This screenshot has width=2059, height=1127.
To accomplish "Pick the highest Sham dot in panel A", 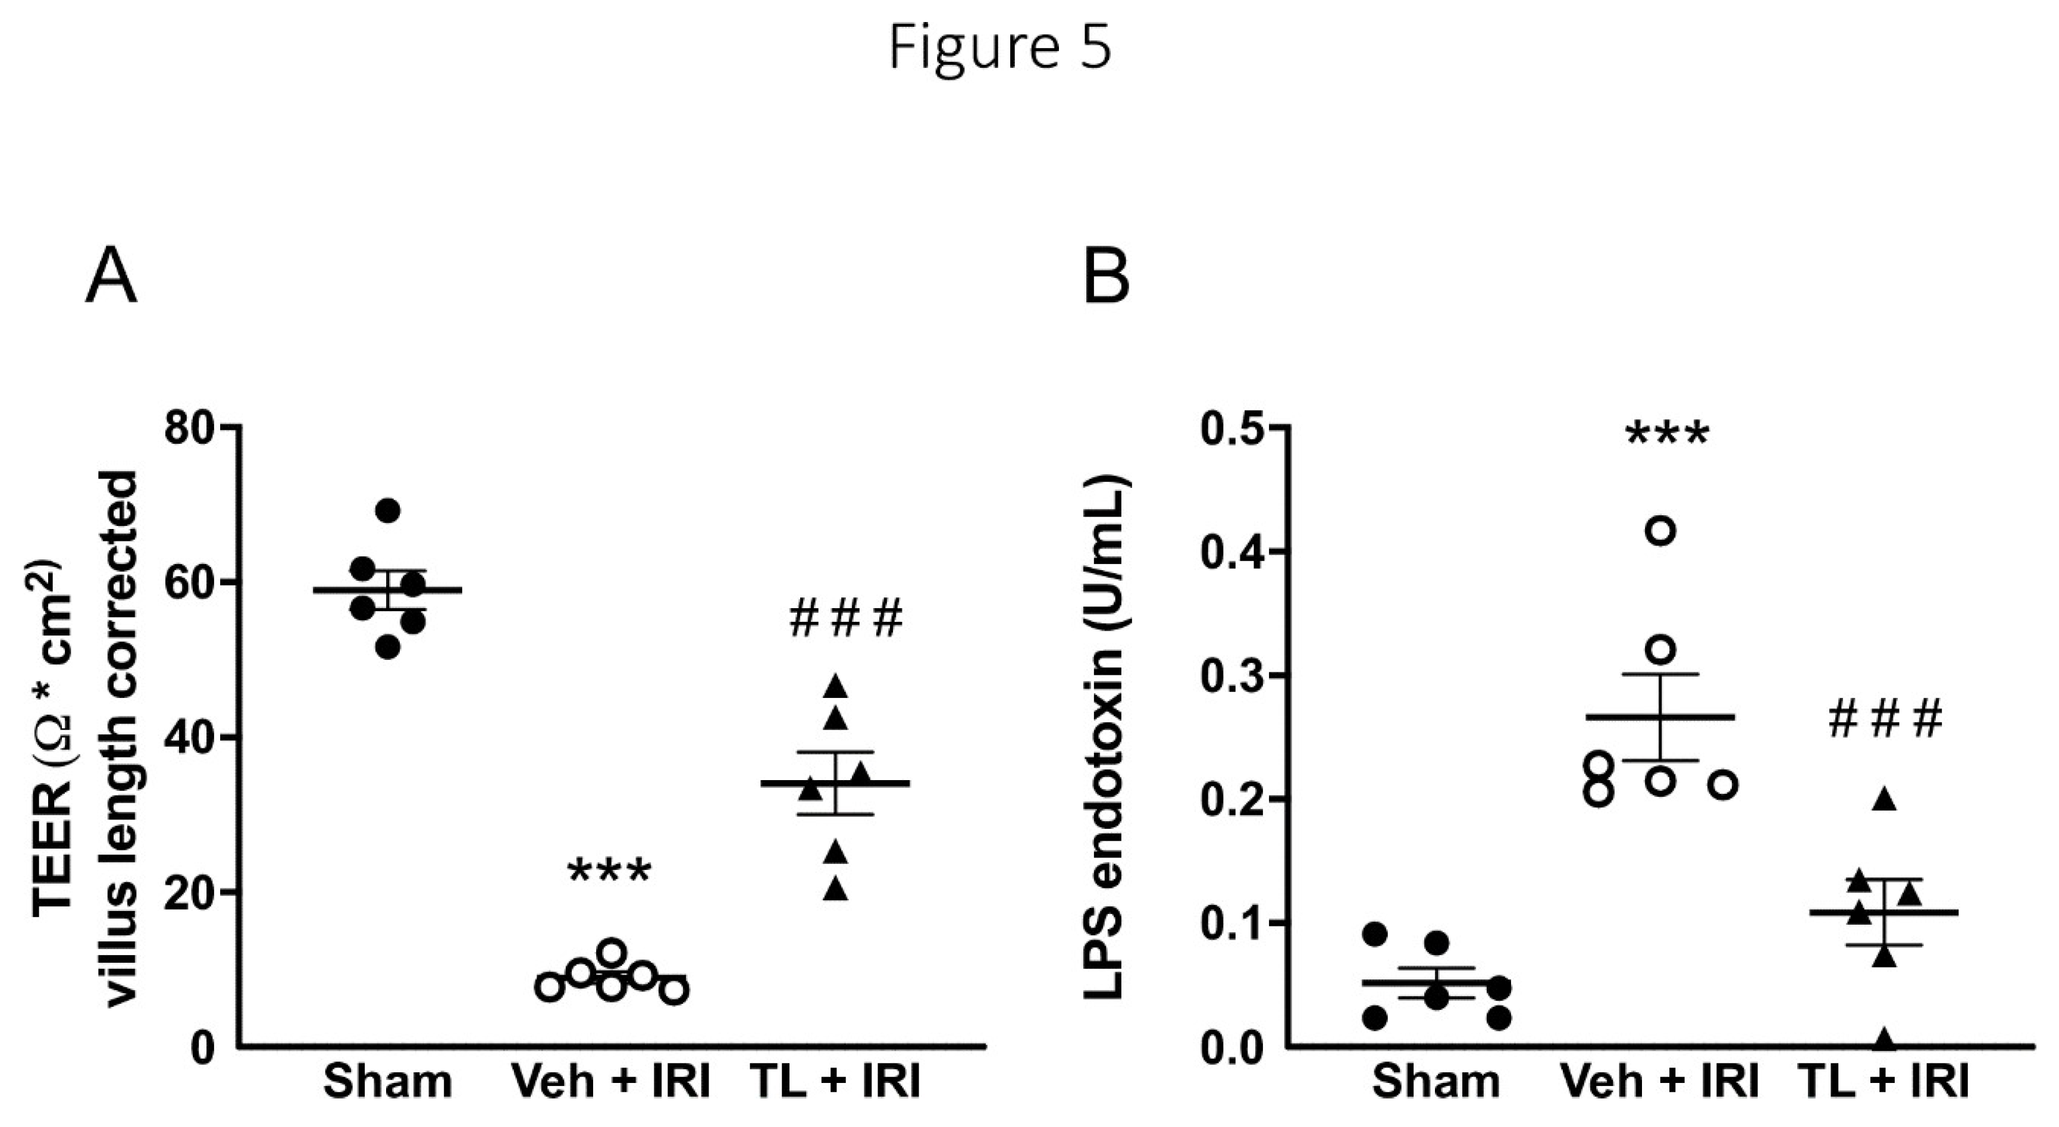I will [x=388, y=511].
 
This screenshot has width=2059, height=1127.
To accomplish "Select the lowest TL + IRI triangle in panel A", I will [x=836, y=889].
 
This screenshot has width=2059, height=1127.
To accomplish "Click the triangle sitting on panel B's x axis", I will [x=1885, y=1038].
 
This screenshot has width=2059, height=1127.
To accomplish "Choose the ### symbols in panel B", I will [x=1885, y=719].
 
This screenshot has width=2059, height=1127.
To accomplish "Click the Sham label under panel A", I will [x=388, y=1083].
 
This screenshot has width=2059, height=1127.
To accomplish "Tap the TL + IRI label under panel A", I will [x=835, y=1083].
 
